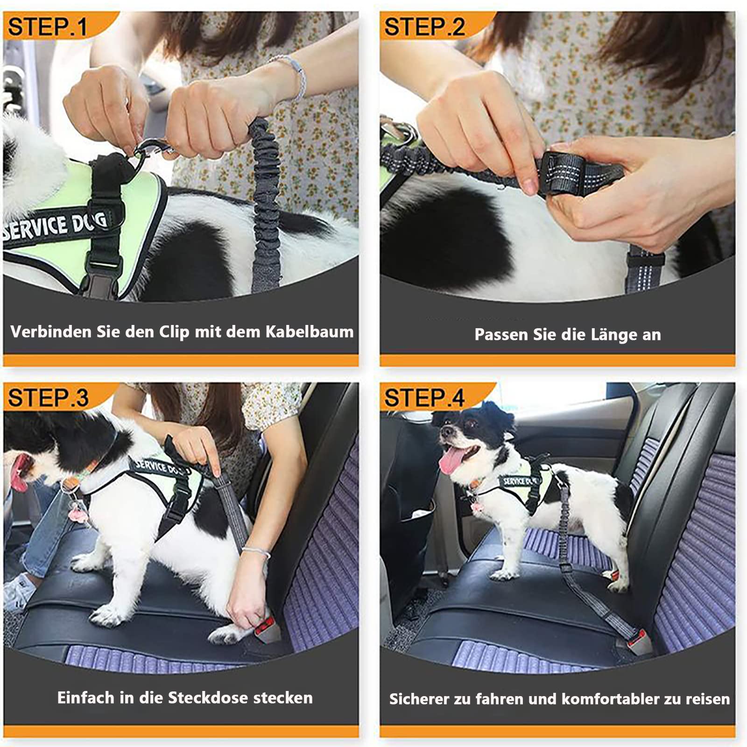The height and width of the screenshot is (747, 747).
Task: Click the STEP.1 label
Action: [47, 27]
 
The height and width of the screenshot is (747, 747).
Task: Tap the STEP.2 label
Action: [424, 27]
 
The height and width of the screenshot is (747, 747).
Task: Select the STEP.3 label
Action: [48, 398]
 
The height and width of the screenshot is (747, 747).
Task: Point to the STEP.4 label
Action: [424, 398]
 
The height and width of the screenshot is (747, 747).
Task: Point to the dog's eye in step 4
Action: [470, 424]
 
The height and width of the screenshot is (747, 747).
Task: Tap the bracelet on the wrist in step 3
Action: [256, 553]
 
